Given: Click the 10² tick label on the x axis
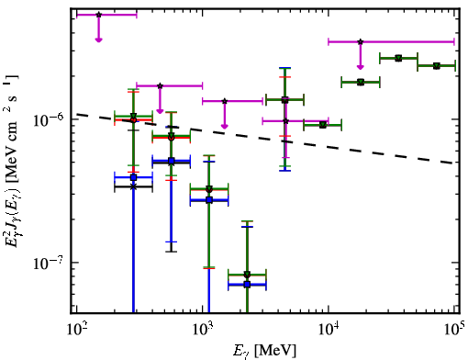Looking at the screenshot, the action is (x=76, y=330).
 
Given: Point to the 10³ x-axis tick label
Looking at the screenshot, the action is (x=203, y=330).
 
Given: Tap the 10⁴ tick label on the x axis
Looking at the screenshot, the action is (x=329, y=330).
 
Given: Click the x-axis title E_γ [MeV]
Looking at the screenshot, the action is (x=265, y=350).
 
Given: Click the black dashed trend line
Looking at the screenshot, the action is (x=265, y=139).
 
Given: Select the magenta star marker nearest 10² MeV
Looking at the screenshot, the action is (x=98, y=15).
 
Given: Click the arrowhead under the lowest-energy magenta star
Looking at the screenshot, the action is (x=98, y=39).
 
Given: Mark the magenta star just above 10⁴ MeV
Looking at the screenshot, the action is (x=361, y=41).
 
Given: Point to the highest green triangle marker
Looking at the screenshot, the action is (x=398, y=58).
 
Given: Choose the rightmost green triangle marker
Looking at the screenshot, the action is (x=437, y=66).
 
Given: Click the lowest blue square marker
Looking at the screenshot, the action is (x=247, y=285).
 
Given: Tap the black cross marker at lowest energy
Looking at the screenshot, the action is (x=133, y=186).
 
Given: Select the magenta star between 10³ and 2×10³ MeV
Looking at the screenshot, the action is (x=225, y=101).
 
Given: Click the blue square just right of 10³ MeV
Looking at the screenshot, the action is (x=209, y=200).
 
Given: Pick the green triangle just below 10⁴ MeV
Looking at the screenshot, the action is (x=323, y=125).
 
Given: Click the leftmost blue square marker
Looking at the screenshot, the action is (x=133, y=177).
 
